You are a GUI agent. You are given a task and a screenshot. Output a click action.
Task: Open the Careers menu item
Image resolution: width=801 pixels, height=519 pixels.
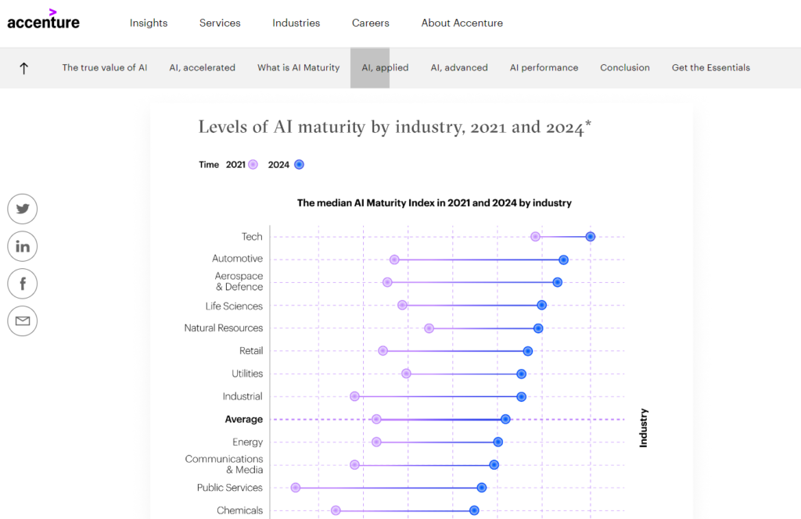point(370,23)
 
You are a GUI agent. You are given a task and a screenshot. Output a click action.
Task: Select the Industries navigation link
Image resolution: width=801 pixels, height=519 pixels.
point(296,23)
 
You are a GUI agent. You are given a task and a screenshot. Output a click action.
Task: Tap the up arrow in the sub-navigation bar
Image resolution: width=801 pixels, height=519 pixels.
point(23,68)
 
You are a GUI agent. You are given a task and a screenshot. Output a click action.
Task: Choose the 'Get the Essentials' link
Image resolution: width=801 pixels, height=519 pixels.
point(710,68)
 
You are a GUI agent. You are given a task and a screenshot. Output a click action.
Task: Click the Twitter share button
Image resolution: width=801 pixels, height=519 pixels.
point(23,209)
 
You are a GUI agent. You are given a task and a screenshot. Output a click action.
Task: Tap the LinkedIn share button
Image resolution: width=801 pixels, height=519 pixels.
point(23,246)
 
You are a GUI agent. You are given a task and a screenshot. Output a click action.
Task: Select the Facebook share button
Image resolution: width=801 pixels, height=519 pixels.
point(23,284)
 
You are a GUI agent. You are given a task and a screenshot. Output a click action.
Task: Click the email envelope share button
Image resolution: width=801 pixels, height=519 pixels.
point(23,321)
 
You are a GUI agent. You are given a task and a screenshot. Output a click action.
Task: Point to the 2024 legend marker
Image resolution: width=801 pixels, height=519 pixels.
point(299,165)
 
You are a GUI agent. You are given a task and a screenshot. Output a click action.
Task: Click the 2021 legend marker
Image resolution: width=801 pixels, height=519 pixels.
point(253,165)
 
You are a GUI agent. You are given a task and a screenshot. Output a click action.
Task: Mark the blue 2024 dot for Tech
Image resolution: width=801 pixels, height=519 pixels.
point(591,237)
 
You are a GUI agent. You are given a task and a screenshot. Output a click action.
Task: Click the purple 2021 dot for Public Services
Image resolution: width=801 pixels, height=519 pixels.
point(296,488)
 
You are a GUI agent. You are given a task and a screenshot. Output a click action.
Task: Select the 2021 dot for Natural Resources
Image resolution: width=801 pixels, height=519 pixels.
point(429,328)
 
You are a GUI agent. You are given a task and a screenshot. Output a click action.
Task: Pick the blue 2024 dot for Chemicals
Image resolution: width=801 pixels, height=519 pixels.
point(474,510)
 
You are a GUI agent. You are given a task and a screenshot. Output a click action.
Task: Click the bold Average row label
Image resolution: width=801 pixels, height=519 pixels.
point(243,420)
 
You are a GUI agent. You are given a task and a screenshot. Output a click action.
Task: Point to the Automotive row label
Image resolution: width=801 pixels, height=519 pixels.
point(237,259)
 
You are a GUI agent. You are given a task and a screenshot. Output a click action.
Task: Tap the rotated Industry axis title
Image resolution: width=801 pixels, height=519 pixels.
point(644,428)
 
